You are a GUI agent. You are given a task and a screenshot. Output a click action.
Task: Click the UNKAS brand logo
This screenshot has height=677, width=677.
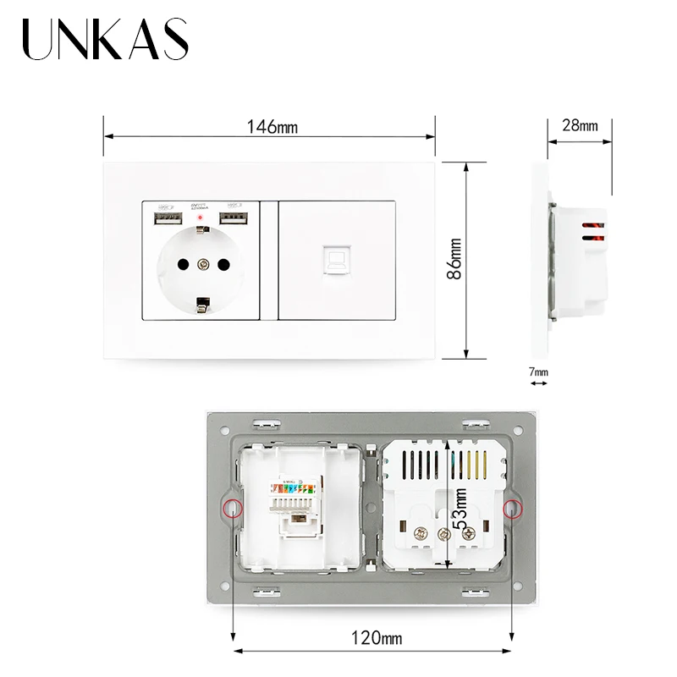tap(106, 40)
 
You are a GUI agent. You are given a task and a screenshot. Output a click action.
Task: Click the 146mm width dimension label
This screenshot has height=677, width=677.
tap(272, 127)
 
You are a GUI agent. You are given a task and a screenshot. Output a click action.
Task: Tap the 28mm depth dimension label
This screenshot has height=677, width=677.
tap(580, 125)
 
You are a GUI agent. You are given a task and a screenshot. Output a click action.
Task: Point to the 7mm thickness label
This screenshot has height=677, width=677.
tap(538, 372)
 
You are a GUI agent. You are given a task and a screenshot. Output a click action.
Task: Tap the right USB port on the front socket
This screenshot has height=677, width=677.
tap(234, 219)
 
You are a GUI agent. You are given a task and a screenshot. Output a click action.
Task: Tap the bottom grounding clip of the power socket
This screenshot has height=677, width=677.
tap(202, 305)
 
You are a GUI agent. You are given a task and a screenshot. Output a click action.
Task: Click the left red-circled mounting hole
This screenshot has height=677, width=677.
tap(232, 508)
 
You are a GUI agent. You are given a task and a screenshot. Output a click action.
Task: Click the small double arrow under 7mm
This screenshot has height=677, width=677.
tap(538, 383)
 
